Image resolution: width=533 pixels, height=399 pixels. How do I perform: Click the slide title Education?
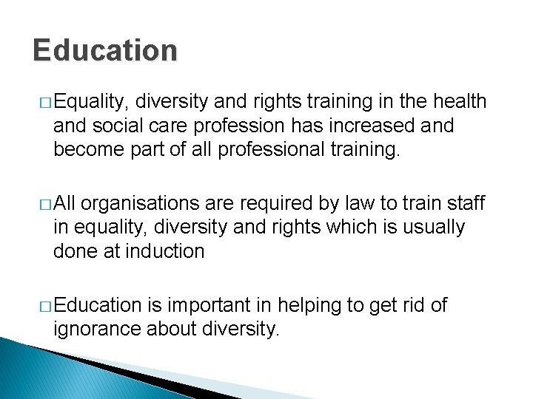coord(105,51)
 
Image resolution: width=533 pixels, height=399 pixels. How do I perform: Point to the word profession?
coord(225,126)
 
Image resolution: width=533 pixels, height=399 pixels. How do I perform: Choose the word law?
coord(352,203)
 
